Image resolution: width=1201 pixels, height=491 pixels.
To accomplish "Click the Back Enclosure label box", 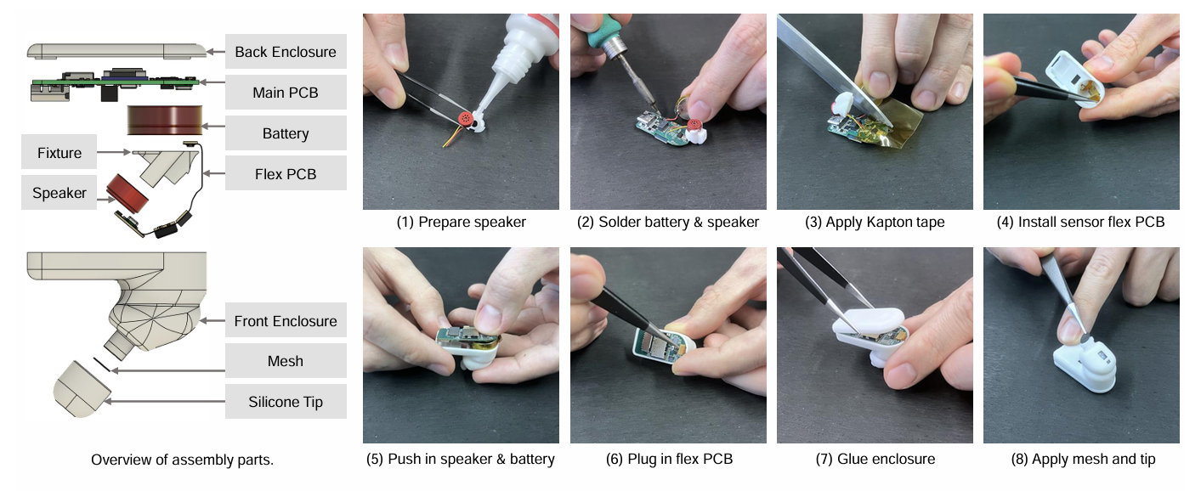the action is click(286, 52).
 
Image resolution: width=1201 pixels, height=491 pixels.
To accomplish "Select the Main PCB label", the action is click(286, 93).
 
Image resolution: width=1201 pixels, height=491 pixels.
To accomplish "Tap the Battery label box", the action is click(286, 133).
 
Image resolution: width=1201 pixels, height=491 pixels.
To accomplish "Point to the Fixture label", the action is click(59, 152).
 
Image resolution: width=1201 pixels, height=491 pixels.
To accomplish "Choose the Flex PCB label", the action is click(286, 173).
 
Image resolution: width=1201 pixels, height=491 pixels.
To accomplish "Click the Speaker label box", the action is click(59, 193).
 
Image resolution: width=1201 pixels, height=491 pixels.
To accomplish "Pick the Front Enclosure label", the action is click(286, 320).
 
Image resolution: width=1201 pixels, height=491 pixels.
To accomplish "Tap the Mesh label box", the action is click(286, 361).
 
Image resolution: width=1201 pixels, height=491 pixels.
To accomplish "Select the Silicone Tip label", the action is click(286, 402).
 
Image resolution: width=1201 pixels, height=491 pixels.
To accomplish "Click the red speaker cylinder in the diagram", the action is click(127, 193).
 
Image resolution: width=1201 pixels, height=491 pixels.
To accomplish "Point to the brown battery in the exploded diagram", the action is click(165, 120).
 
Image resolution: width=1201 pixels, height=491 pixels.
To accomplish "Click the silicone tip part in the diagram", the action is click(82, 389).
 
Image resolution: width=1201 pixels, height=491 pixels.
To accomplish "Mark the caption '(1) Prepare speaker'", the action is click(461, 222).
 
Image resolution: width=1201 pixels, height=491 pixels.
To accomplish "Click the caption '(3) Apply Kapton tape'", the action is click(875, 222).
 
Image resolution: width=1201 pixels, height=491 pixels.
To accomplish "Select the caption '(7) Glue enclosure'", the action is click(875, 459).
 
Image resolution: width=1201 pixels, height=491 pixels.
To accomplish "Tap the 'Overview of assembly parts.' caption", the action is click(182, 460).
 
